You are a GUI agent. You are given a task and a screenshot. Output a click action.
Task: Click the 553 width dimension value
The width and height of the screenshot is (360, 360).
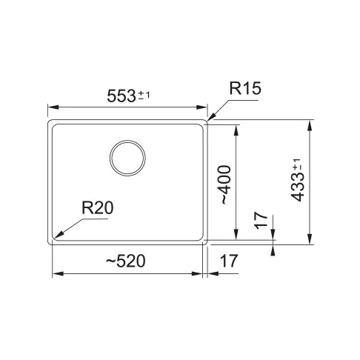coord(121,96)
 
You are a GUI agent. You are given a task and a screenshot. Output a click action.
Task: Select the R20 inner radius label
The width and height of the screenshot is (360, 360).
coord(96,208)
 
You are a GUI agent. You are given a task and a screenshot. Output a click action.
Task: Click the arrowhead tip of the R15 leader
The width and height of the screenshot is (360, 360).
coord(208,119)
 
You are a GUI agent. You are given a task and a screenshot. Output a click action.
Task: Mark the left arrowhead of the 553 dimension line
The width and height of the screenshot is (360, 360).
coord(50,105)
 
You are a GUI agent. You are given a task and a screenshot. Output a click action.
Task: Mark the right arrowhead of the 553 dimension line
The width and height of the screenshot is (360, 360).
coord(207,105)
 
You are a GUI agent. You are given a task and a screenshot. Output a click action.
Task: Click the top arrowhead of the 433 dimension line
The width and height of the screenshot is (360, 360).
coord(309,122)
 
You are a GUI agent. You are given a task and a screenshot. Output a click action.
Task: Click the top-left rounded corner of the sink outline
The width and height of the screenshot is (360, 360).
coord(51,121)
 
